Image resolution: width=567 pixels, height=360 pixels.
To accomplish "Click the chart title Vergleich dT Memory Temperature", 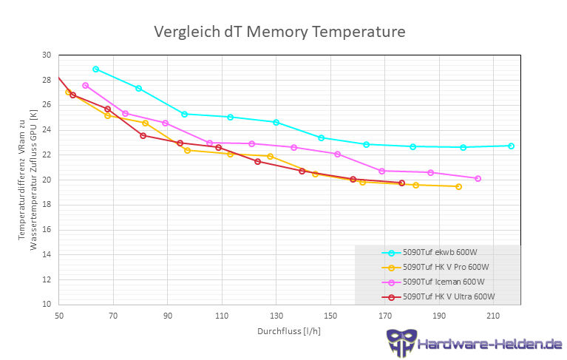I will [x=279, y=32].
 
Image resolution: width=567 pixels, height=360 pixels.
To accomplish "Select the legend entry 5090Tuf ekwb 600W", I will [x=440, y=253].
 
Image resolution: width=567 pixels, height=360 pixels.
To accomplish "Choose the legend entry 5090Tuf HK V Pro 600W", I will [x=446, y=268].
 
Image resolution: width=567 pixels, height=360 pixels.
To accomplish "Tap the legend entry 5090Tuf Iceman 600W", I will [x=444, y=282].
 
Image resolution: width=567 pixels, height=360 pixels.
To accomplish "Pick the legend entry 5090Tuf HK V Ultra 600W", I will [x=449, y=297].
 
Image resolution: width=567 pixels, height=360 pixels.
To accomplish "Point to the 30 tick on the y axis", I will [x=47, y=55].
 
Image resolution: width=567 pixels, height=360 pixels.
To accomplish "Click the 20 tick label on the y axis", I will [x=47, y=180].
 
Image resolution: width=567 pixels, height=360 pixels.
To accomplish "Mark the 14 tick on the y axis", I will [x=47, y=254].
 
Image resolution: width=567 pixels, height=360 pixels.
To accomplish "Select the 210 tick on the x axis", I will [x=494, y=316].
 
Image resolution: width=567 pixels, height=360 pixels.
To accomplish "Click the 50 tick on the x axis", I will [x=58, y=316].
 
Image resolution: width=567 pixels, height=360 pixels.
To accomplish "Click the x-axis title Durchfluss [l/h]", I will [x=289, y=330].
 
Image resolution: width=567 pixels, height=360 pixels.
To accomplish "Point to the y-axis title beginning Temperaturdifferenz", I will [x=27, y=180].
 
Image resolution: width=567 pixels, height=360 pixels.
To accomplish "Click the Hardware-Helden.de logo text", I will [x=489, y=344].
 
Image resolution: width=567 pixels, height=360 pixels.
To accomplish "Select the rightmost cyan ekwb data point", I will [x=511, y=146].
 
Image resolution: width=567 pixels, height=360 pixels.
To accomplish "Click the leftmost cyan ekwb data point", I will [x=96, y=69].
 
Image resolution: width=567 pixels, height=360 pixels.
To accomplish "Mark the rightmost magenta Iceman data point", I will [x=478, y=178].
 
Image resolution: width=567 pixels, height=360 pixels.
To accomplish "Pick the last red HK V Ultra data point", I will [x=402, y=183].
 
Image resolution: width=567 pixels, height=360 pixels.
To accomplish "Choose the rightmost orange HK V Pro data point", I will [x=458, y=186].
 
